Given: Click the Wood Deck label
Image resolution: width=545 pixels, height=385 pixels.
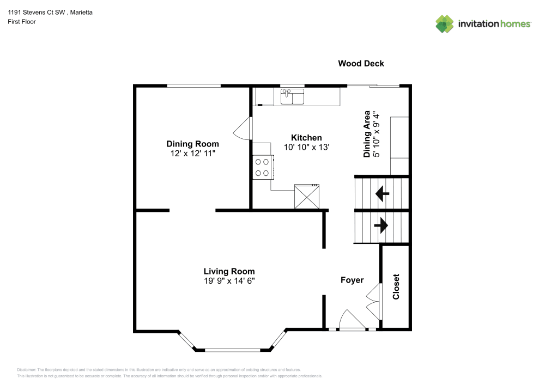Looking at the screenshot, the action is pos(361,64).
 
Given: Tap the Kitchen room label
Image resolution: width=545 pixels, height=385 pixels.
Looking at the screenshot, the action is pos(306,137).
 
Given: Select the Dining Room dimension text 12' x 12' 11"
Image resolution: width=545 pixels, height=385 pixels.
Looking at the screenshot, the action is pos(192,154).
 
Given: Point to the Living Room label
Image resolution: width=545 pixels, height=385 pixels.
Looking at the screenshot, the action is pos(229,271).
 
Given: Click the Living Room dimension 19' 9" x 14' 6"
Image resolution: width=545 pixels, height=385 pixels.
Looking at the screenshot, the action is pos(229,280).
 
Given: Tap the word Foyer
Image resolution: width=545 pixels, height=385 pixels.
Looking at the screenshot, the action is pos(352,280).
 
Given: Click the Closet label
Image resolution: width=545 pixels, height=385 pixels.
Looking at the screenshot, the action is pos(396,287).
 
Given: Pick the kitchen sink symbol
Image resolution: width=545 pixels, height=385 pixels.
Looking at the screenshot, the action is pos(292,96).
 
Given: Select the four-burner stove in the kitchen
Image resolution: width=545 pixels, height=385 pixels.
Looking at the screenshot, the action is pos(263,167).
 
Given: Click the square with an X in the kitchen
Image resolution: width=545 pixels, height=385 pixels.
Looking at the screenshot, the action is pos(306,197).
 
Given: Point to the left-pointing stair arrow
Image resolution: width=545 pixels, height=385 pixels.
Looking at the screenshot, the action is pos(383,193).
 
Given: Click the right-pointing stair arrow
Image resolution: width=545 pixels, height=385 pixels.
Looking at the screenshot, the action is pos(381,225).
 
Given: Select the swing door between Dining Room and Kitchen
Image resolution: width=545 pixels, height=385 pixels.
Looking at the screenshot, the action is pos(243,129).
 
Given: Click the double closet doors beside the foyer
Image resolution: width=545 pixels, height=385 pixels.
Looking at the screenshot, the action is pos(374,302).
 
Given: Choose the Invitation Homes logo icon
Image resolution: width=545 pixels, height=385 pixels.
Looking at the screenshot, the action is pos(445,24).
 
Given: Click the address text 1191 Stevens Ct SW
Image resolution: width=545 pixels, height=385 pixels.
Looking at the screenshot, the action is pos(36,12).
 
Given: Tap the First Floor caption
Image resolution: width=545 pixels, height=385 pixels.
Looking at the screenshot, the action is pos(22,22).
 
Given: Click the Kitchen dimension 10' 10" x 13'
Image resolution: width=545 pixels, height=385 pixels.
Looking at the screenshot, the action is pos(306,147).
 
